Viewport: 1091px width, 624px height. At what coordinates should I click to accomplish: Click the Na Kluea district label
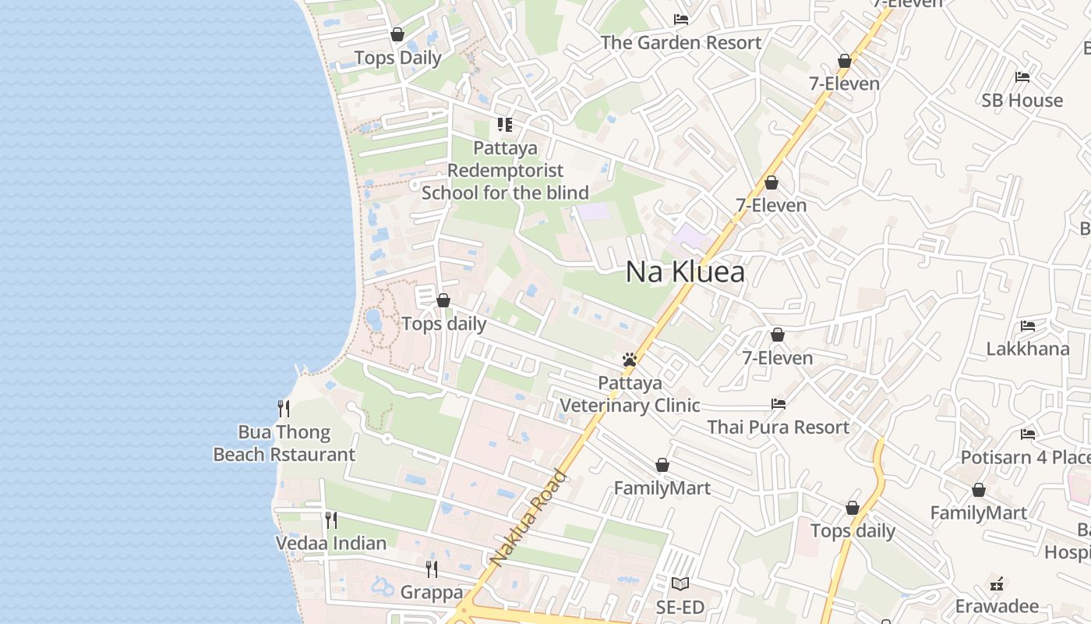685,271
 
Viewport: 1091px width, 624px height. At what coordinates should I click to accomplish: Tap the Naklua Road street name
528,517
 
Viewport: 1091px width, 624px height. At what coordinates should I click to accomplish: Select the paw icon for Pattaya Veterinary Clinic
630,360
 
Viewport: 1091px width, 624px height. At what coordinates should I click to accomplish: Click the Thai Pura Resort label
778,427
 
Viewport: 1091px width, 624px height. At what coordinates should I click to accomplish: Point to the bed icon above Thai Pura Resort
778,404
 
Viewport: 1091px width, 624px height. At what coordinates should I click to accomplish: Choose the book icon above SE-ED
680,583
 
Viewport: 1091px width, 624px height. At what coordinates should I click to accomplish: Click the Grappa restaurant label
432,593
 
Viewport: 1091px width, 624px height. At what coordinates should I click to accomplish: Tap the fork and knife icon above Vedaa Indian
331,519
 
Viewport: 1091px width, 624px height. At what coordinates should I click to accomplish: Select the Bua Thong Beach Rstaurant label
284,443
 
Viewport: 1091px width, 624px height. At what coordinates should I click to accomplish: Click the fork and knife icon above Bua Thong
284,408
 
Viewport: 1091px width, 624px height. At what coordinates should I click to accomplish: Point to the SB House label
1022,101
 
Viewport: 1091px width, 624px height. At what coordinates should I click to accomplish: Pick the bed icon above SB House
1022,77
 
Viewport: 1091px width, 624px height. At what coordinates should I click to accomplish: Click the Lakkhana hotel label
1028,349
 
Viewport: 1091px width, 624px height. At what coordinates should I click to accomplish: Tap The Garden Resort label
680,43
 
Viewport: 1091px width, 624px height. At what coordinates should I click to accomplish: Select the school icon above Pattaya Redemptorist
505,125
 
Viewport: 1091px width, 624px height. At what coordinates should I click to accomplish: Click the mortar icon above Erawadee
997,583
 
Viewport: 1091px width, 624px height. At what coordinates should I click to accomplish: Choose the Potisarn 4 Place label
1025,458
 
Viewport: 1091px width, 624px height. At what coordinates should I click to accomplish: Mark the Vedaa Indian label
331,543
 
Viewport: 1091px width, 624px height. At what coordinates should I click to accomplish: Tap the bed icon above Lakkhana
1028,326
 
